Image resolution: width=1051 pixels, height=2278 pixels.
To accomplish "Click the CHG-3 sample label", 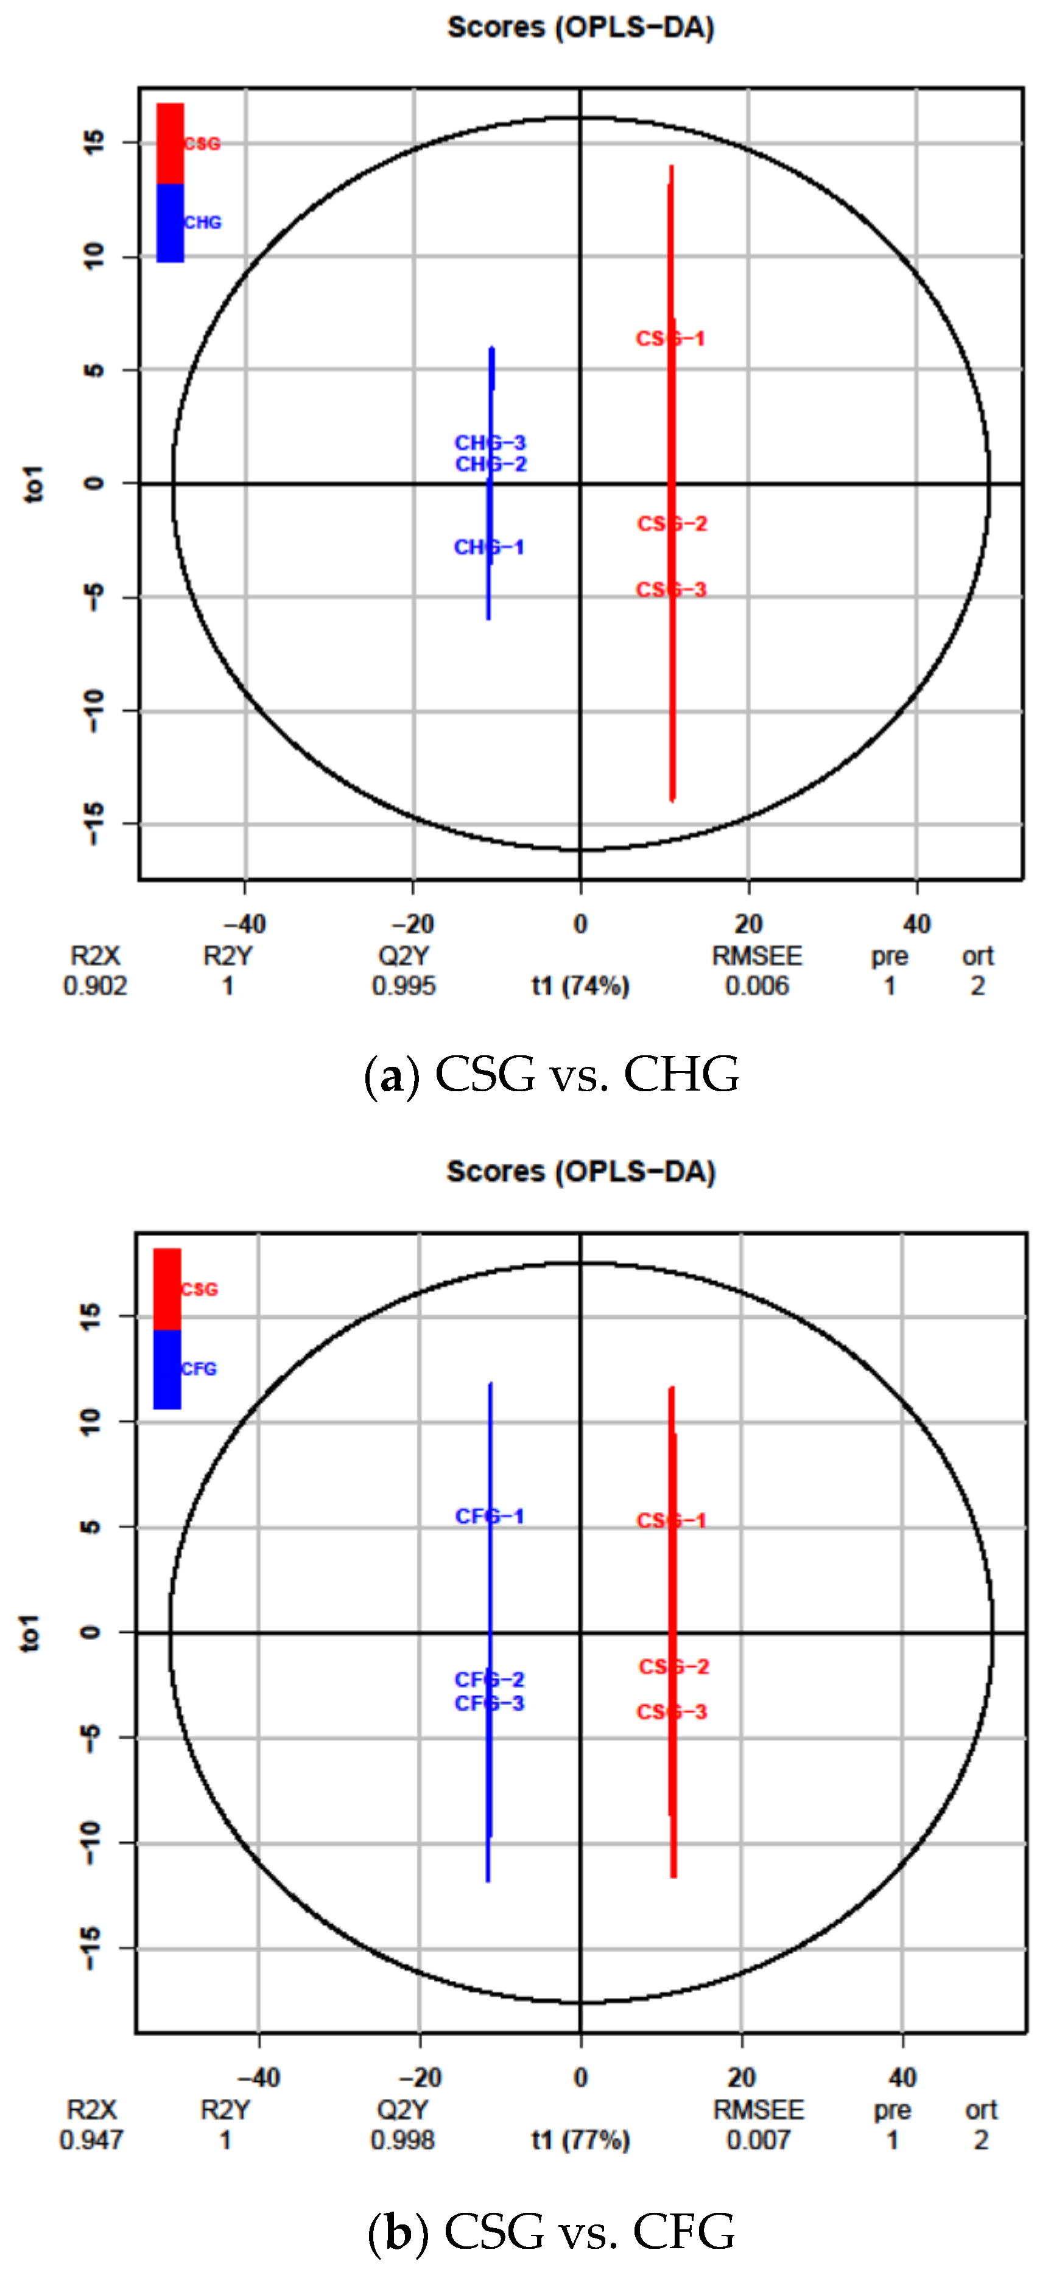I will pyautogui.click(x=490, y=442).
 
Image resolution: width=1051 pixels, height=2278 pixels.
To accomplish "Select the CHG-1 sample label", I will pyautogui.click(x=489, y=547).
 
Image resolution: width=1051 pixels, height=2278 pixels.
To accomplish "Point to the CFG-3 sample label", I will pyautogui.click(x=489, y=1703).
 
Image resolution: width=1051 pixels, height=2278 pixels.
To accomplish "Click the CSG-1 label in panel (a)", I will pyautogui.click(x=670, y=339).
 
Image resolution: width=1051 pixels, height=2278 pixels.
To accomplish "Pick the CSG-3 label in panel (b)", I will pyautogui.click(x=672, y=1712).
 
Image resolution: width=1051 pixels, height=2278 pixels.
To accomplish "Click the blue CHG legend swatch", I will pyautogui.click(x=170, y=223).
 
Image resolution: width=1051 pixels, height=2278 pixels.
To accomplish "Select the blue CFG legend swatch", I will pyautogui.click(x=167, y=1369).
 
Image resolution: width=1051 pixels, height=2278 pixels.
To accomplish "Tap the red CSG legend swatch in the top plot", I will pyautogui.click(x=170, y=143).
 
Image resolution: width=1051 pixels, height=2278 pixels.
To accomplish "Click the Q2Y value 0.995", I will pyautogui.click(x=404, y=986).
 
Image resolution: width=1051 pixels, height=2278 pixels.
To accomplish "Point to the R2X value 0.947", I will pyautogui.click(x=92, y=2140).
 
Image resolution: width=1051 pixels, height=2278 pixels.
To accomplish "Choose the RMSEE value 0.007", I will pyautogui.click(x=758, y=2140).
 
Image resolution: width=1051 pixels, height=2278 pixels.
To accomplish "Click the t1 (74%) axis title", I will pyautogui.click(x=580, y=986).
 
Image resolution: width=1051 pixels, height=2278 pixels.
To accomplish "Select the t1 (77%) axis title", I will pyautogui.click(x=580, y=2140).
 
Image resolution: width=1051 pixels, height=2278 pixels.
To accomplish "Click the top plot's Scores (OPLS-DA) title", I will pyautogui.click(x=580, y=27).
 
